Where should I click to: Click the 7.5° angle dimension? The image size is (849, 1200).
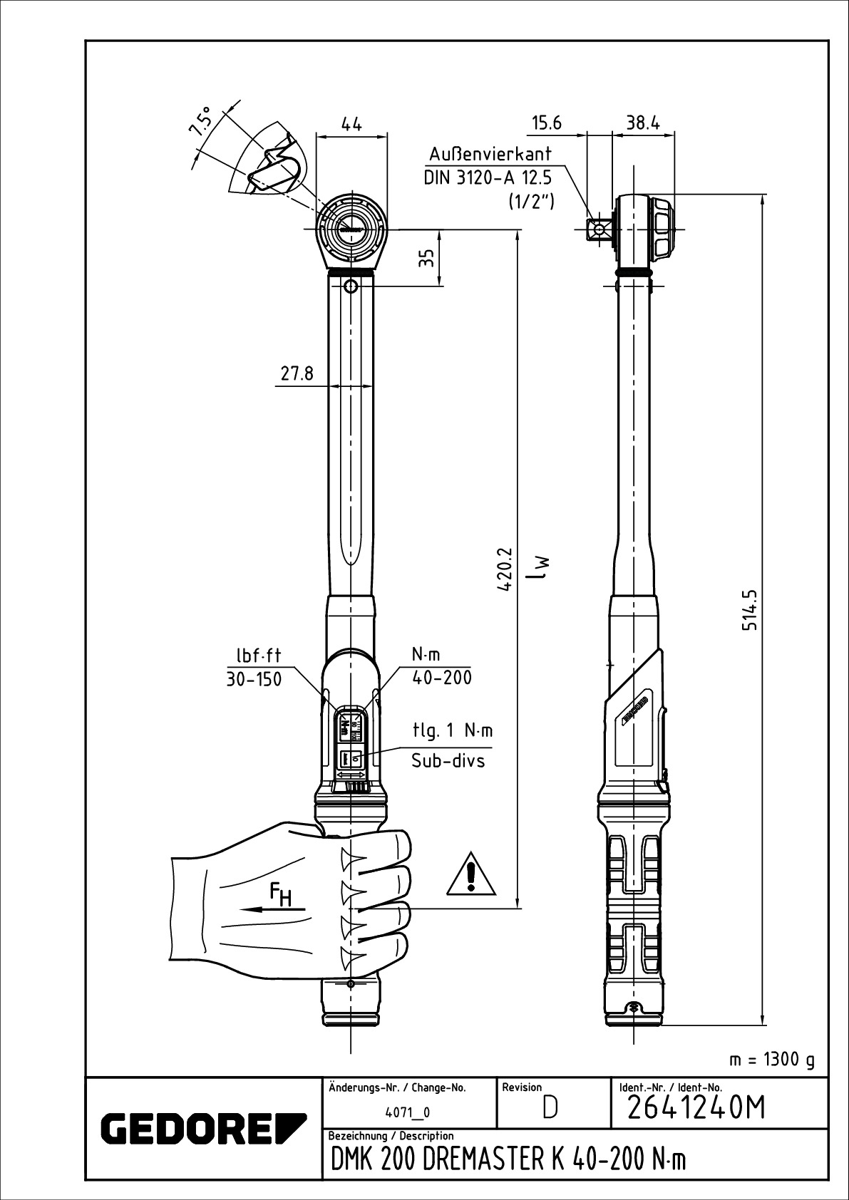[x=200, y=121]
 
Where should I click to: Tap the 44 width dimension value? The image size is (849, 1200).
[x=351, y=124]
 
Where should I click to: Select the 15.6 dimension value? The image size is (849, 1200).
[x=547, y=123]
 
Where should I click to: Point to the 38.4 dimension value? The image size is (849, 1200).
[x=643, y=123]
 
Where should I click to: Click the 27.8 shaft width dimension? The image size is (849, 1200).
[x=297, y=374]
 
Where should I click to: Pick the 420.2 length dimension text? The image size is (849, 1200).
[x=505, y=570]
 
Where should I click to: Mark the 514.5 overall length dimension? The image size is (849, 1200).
[x=749, y=609]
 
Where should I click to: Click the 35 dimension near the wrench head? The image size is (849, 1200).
[x=426, y=257]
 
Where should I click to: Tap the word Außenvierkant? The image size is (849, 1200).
[x=490, y=155]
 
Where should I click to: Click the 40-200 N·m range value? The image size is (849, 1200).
[x=442, y=678]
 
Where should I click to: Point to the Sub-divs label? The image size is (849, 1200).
[x=448, y=761]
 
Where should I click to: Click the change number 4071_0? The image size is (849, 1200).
[x=407, y=1132]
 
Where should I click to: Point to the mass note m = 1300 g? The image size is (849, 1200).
[x=771, y=1060]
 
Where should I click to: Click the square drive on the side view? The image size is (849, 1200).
[x=598, y=229]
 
